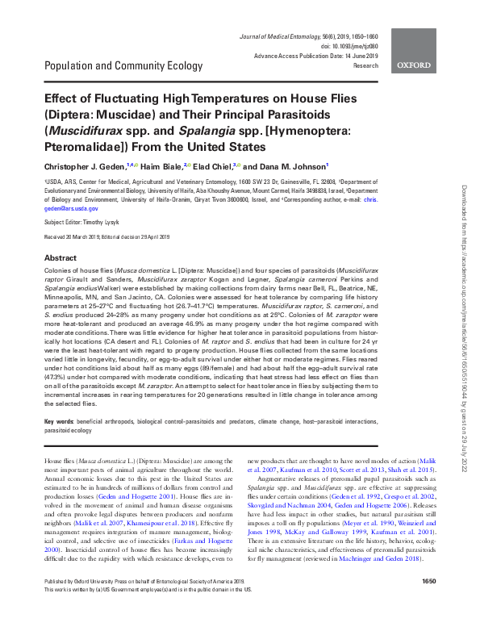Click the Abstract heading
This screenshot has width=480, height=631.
[61, 257]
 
